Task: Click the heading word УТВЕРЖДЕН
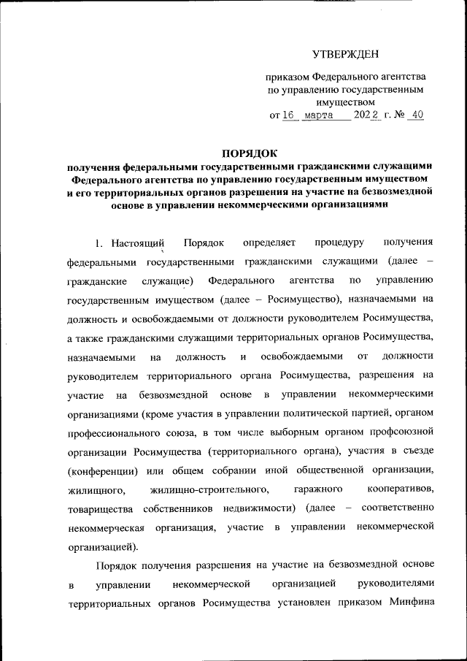click(x=345, y=54)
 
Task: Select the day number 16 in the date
click(x=290, y=115)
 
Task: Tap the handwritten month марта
click(x=318, y=115)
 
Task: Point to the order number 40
click(x=416, y=115)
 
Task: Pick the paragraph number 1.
click(x=101, y=242)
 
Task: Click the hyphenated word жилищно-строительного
click(x=208, y=488)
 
